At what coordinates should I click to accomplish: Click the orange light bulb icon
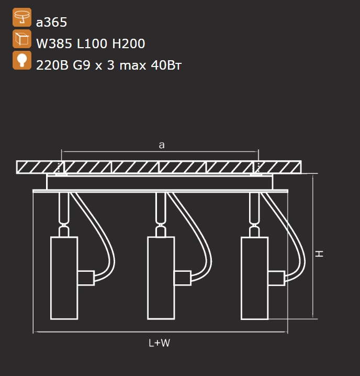click(x=22, y=60)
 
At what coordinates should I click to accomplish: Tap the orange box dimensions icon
click(x=22, y=39)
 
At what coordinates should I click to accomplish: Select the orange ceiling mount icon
click(x=22, y=17)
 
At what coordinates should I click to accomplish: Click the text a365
click(x=51, y=23)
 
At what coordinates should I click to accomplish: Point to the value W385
click(x=54, y=43)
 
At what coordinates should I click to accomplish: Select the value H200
click(x=129, y=43)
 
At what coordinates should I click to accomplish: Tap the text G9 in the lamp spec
click(x=82, y=65)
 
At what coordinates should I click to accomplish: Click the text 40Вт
click(x=166, y=65)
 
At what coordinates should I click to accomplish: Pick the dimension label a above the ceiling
click(x=162, y=145)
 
